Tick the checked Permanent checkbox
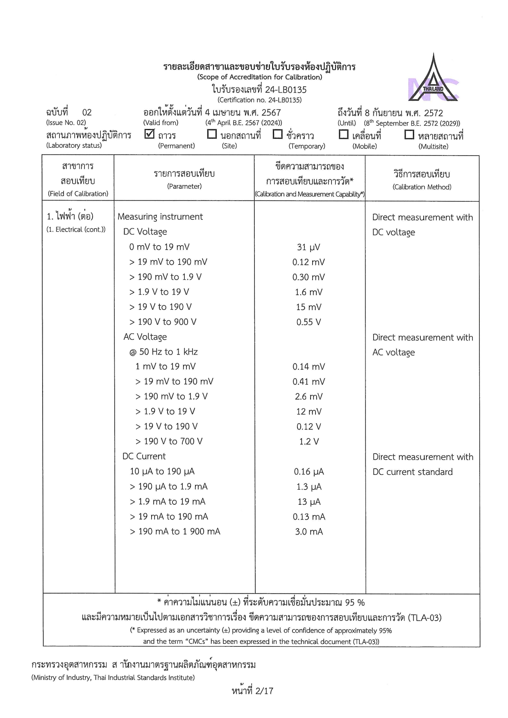[x=150, y=134]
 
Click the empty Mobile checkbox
[x=344, y=134]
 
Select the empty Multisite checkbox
[x=409, y=134]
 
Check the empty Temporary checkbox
[x=277, y=134]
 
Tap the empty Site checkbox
[x=212, y=134]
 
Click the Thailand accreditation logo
[x=433, y=79]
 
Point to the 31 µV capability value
[x=308, y=247]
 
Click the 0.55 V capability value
[x=308, y=322]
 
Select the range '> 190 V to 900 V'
[x=163, y=322]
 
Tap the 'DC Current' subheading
[x=144, y=456]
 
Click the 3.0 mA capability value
[x=309, y=532]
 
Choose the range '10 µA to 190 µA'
[x=162, y=472]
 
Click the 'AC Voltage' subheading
[x=145, y=337]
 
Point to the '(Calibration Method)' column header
[x=422, y=187]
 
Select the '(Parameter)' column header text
[x=184, y=187]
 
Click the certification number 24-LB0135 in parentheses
[x=259, y=100]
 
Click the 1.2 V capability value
[x=309, y=442]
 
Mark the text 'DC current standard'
[x=413, y=472]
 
